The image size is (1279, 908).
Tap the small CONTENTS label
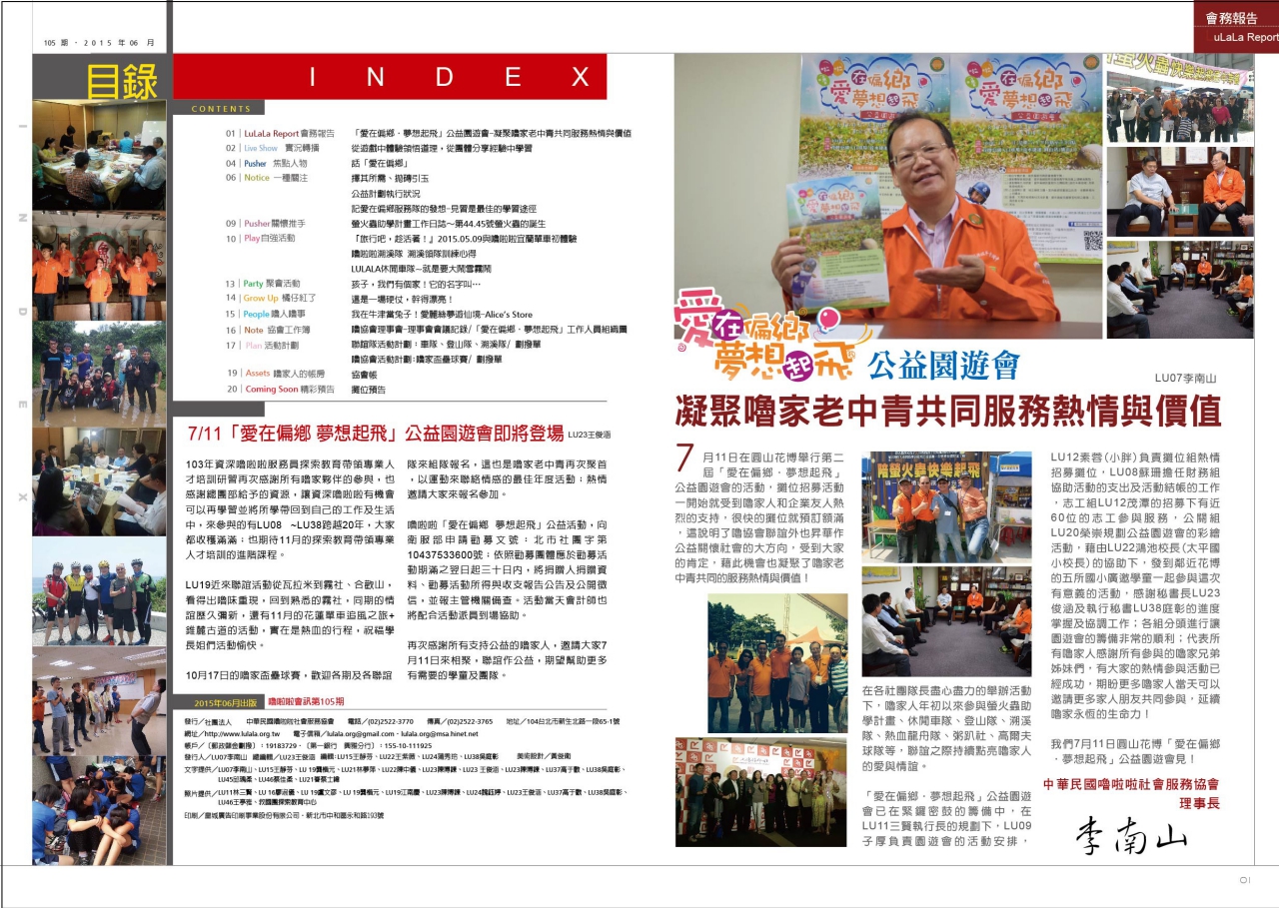(x=221, y=109)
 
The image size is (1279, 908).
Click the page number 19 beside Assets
(x=231, y=374)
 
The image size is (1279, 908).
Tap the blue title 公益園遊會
(x=943, y=366)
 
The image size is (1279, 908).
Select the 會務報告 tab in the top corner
(x=1231, y=18)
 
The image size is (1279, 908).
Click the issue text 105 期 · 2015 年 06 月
(x=99, y=43)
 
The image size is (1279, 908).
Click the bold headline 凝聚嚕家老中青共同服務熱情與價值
(x=947, y=410)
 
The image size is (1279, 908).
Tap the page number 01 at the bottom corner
(x=1244, y=880)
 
